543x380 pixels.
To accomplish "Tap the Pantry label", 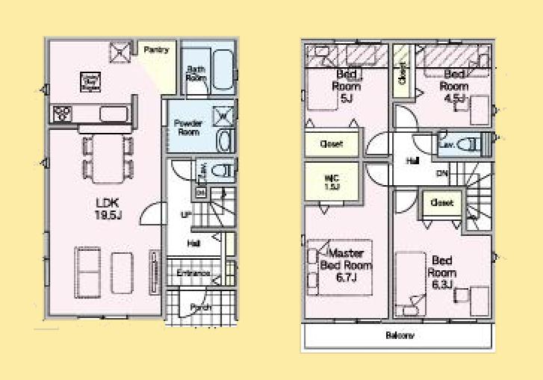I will [x=156, y=50].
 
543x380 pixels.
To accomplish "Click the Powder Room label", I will [x=187, y=127].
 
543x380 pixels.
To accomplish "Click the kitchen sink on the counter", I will [x=113, y=114].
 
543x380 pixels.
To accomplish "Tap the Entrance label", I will [x=193, y=273].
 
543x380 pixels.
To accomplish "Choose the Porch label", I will [x=200, y=308].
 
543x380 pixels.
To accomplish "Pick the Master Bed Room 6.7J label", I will [x=346, y=264].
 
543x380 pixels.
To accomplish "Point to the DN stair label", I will [x=443, y=174].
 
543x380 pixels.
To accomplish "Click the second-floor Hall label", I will [x=412, y=161].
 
